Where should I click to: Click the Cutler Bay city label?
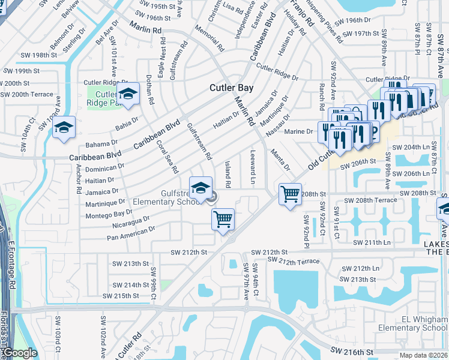point(231,88)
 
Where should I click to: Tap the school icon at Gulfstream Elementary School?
point(201,188)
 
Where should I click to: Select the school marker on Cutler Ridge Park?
point(127,94)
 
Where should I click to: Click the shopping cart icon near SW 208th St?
point(290,194)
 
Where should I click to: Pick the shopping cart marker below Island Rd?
point(223,219)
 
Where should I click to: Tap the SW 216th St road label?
point(353,350)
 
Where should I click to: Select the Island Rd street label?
point(228,172)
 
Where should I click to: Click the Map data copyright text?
point(423,355)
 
